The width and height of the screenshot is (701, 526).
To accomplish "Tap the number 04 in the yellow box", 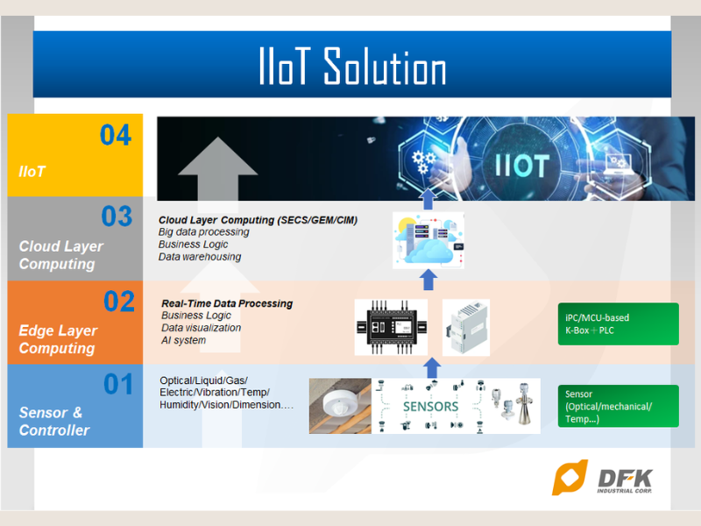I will (115, 135).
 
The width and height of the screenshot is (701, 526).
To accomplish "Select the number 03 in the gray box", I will (115, 216).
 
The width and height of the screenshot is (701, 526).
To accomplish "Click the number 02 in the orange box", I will (118, 302).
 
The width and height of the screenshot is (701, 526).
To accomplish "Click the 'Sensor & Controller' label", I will (54, 421).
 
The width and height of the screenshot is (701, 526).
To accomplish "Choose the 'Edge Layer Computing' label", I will (57, 339).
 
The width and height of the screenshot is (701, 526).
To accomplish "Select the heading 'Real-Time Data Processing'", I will (227, 303).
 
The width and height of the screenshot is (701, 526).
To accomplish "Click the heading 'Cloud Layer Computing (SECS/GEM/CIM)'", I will (258, 219).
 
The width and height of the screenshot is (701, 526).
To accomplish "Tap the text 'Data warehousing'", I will (199, 257).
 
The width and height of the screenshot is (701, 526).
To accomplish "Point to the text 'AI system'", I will (183, 340).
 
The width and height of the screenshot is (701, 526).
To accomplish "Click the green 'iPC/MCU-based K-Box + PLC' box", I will (618, 323).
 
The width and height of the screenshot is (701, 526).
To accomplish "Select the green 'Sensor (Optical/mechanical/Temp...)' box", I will (618, 406).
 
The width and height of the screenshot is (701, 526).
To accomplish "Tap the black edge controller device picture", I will (391, 327).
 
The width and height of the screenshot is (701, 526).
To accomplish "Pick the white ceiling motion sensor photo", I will (340, 406).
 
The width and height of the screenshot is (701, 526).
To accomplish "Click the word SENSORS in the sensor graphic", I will (430, 407).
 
